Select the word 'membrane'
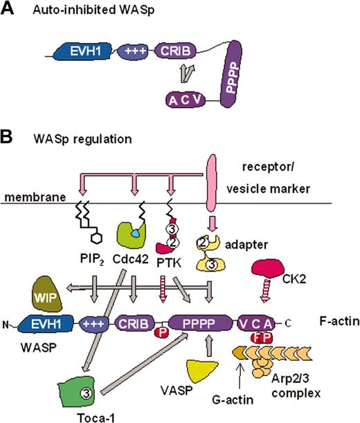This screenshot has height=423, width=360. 30,199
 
